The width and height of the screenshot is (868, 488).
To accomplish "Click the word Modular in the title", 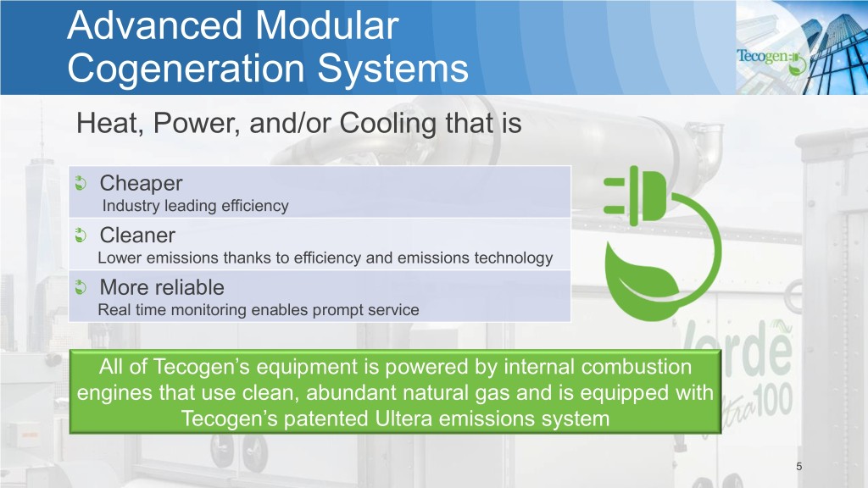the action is coord(326,25).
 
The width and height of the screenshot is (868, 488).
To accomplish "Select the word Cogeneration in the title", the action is coord(185,69).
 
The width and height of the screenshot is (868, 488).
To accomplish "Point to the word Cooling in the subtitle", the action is coord(388,124).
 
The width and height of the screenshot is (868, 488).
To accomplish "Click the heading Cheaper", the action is coord(142,183).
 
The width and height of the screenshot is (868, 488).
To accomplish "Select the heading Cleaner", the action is coord(137,236).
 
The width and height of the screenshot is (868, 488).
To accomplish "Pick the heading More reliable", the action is coord(162,287).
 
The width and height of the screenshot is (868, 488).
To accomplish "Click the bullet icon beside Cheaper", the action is coord(81,183).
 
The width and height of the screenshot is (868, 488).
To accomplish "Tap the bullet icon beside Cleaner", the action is coord(81,236).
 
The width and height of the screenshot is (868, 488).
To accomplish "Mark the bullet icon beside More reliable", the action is coord(81,287).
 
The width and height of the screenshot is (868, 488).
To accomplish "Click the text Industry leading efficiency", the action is coord(196,206).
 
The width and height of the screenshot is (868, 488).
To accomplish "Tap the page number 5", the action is coord(798,467).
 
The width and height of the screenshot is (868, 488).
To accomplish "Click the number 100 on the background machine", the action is coord(774,401).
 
